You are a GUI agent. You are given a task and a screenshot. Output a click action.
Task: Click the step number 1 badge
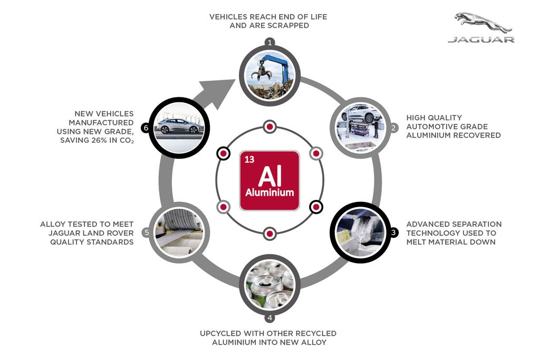(269, 42)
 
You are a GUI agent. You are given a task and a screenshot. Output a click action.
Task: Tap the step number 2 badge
(393, 128)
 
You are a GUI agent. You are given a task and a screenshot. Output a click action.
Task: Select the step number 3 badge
(393, 232)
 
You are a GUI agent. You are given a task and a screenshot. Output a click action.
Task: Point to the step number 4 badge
(269, 318)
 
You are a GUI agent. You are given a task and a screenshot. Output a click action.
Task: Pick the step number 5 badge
(147, 232)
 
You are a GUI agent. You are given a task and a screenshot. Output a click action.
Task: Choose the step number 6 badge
(146, 128)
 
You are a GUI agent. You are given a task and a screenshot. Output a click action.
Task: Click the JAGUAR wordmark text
(481, 40)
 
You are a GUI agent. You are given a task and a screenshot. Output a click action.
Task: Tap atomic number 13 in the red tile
(249, 159)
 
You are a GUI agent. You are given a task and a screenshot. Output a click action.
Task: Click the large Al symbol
(269, 176)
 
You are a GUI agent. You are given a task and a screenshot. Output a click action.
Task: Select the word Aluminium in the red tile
(269, 192)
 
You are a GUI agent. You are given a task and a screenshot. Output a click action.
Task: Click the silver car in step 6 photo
(178, 126)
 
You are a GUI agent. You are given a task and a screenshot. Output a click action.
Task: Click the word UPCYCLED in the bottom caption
(220, 334)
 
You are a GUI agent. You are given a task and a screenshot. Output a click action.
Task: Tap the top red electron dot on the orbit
(269, 127)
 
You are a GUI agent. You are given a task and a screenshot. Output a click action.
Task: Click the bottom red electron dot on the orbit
(269, 233)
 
